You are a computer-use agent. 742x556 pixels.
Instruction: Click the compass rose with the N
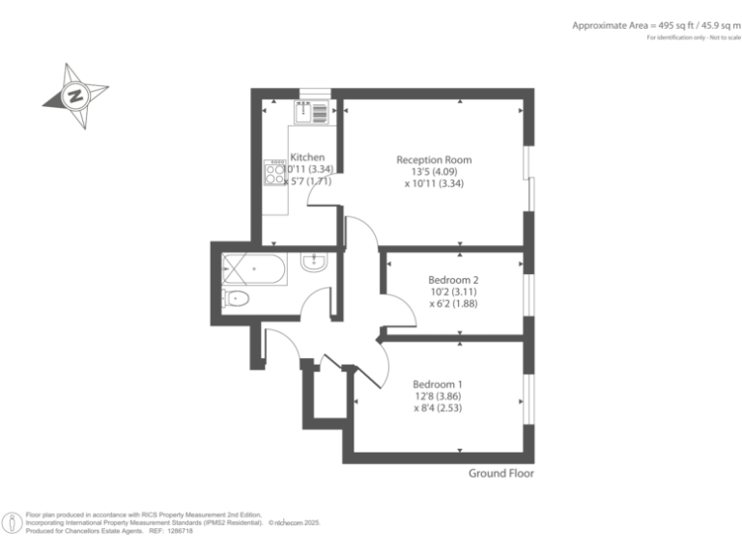75,97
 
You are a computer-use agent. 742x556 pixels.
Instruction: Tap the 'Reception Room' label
434,159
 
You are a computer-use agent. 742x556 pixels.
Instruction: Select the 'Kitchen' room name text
307,157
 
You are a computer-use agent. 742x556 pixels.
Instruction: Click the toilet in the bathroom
237,299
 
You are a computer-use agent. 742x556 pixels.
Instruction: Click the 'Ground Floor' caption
500,473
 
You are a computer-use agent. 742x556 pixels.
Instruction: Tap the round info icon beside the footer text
14,523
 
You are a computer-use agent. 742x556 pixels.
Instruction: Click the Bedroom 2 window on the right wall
528,293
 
